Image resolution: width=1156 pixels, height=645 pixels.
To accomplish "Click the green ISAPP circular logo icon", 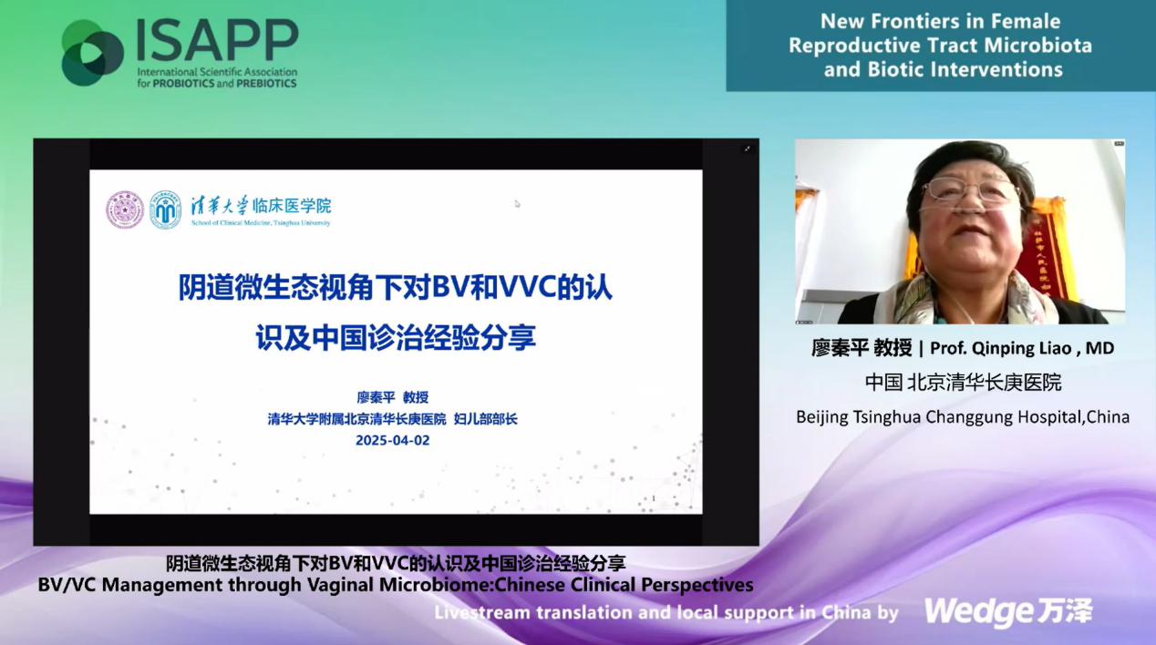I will (x=92, y=52).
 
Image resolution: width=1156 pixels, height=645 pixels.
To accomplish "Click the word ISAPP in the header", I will (x=217, y=40).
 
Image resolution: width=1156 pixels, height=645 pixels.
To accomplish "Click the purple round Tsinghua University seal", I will (x=125, y=210).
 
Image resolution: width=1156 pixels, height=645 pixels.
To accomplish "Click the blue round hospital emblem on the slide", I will (x=165, y=210).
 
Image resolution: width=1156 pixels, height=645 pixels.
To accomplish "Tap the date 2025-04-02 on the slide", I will (x=392, y=440).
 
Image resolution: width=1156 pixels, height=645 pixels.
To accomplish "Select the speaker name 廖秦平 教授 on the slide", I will (x=392, y=397).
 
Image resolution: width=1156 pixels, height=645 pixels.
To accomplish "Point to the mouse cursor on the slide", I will (x=517, y=204).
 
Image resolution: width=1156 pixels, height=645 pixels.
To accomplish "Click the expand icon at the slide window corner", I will (x=748, y=148).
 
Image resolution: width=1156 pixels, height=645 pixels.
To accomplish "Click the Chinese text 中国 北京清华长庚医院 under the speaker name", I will (x=963, y=383).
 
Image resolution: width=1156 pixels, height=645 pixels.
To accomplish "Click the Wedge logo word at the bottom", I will (x=976, y=611).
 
